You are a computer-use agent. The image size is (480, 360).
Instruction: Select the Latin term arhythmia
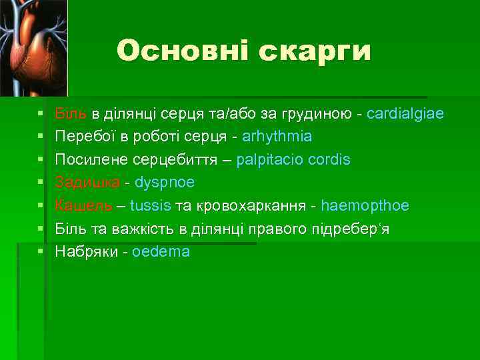tap(277, 137)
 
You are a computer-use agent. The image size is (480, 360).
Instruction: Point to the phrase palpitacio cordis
tap(293, 160)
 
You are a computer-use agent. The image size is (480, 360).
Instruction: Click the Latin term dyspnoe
tap(165, 183)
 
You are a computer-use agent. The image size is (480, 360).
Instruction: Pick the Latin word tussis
tap(150, 205)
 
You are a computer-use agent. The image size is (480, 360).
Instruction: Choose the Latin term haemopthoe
tap(365, 205)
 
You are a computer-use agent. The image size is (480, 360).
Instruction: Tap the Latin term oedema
tap(161, 251)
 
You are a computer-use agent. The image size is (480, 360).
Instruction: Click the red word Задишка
tap(88, 183)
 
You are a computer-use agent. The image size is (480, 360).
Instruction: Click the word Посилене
tap(87, 160)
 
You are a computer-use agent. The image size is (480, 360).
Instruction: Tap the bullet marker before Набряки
tap(41, 252)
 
